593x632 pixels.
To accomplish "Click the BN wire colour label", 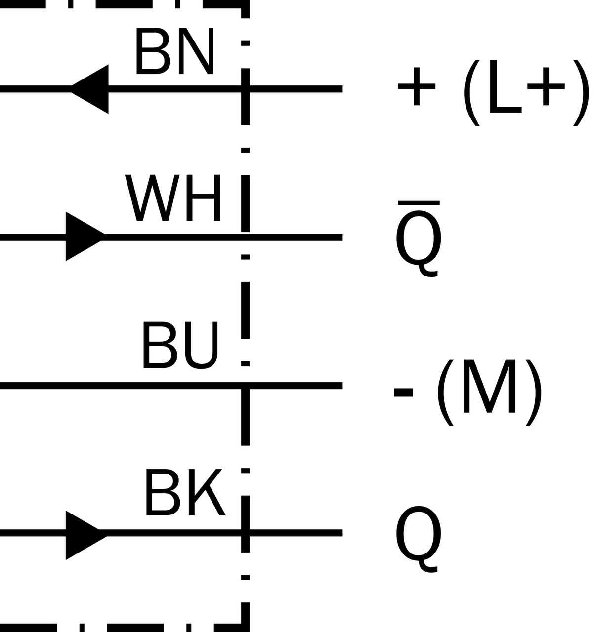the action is point(174,51).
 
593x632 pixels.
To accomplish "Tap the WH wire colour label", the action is point(172,197).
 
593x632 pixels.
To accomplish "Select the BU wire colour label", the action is point(180,345).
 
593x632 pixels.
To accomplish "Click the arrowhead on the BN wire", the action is point(89,89).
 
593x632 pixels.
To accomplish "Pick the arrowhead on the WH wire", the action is point(85,236).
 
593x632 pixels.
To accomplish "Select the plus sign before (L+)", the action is point(417,86).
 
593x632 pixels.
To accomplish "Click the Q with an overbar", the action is point(419,239).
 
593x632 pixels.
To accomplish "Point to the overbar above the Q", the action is point(419,203).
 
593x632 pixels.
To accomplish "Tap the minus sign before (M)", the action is point(403,393).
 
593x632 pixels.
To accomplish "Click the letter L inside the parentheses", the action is point(506,86).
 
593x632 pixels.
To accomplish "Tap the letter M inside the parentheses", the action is point(489,386).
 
